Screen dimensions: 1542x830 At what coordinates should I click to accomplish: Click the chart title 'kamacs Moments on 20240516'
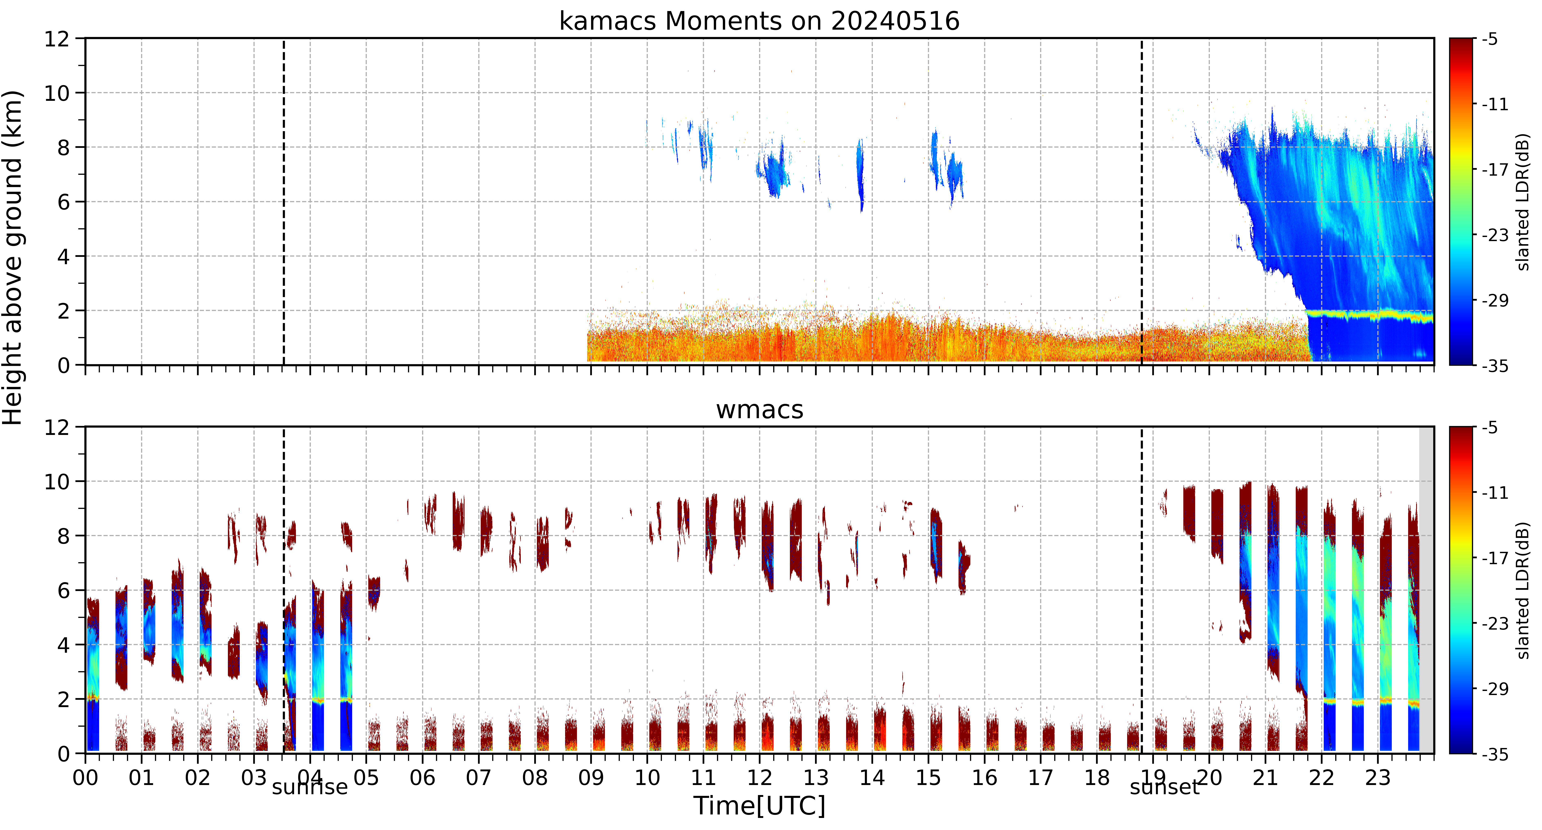point(759,21)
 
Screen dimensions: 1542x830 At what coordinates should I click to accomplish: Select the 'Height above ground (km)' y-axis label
point(13,257)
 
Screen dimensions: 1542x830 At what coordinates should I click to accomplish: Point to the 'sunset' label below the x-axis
point(1164,787)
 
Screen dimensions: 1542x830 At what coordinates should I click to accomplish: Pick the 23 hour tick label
point(1377,778)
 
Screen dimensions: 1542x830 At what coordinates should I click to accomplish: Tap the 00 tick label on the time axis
point(86,778)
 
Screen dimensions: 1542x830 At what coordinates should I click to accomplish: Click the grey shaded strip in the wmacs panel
point(1427,590)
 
